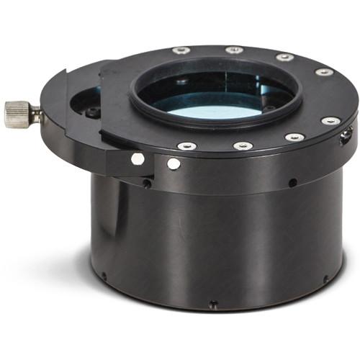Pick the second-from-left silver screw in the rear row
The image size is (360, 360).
[x=233, y=50]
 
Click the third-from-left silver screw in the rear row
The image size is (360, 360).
[x=284, y=57]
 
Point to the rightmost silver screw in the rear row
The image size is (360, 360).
[x=324, y=72]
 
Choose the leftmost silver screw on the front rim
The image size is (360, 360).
[x=186, y=146]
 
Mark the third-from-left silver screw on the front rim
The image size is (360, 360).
[x=294, y=137]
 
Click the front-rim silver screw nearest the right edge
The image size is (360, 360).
[x=331, y=120]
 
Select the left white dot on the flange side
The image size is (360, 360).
[x=138, y=159]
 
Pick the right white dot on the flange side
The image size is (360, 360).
[x=174, y=163]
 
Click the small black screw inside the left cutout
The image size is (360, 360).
[x=93, y=112]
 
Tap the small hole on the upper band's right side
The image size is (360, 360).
[x=292, y=182]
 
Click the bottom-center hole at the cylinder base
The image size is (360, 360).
[x=212, y=305]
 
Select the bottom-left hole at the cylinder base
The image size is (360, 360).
[x=104, y=275]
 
